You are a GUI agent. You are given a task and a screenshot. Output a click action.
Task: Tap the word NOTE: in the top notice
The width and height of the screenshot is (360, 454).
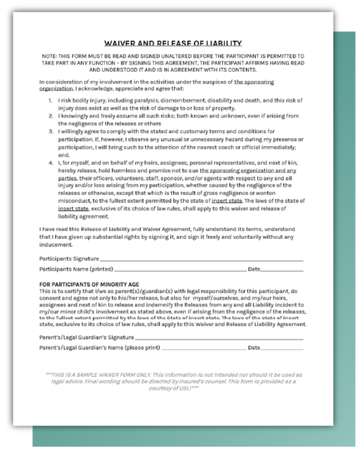coord(52,56)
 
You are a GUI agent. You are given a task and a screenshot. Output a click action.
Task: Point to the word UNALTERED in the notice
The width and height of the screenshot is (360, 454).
coord(179,56)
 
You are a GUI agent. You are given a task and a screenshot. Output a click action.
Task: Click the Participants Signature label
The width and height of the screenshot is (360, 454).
coord(70,257)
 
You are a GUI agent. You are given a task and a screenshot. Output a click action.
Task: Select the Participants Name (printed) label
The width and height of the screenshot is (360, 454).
coord(76,267)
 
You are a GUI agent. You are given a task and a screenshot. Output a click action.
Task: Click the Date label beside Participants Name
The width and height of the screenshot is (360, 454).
coord(253,267)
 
